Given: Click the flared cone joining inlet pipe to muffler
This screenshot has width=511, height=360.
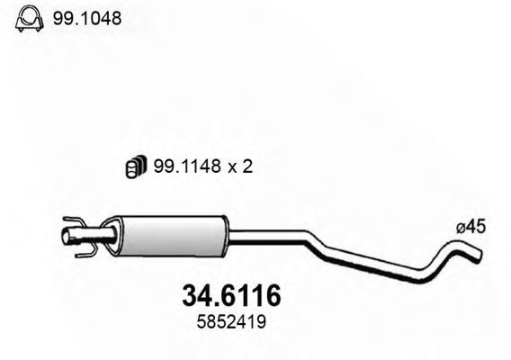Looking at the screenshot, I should point(111,237).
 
